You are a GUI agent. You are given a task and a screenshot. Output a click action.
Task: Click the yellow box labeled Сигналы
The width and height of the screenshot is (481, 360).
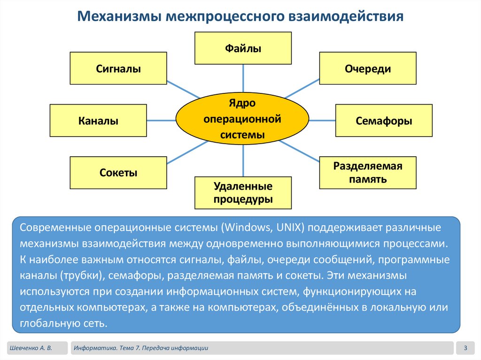(118, 68)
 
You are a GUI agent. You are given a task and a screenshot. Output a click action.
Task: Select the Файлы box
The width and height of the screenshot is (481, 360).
(243, 48)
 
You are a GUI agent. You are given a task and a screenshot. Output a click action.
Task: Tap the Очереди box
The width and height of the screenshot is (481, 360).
(368, 68)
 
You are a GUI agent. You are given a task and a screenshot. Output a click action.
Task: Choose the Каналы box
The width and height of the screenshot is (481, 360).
(98, 121)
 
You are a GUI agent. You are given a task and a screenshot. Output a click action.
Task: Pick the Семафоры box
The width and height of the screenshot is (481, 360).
(384, 121)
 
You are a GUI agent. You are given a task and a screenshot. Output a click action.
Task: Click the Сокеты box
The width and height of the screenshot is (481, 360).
(118, 172)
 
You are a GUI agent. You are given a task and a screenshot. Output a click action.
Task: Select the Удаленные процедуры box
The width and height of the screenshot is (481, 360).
(243, 192)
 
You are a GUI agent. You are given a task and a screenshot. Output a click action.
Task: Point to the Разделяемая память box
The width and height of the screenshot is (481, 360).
(368, 172)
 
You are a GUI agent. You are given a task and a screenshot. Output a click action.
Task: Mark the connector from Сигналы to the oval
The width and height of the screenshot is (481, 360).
(183, 90)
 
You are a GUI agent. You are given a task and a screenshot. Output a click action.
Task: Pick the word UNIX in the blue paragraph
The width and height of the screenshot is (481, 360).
(289, 228)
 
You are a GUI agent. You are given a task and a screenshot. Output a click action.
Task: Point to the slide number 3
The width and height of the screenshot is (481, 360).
(465, 348)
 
